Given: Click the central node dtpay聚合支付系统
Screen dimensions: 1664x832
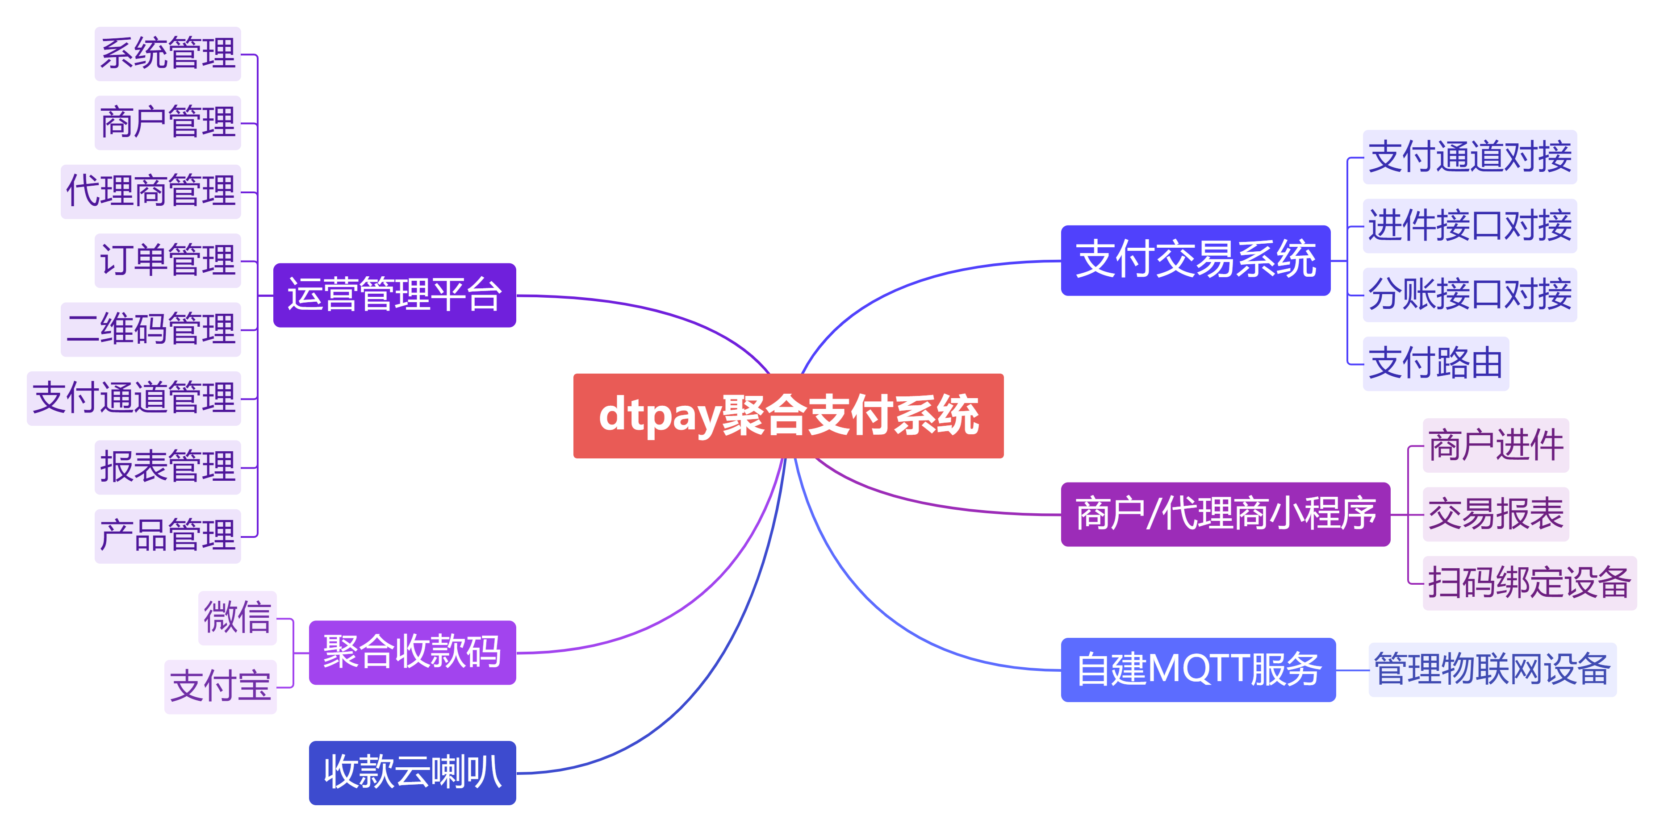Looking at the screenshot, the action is click(x=788, y=416).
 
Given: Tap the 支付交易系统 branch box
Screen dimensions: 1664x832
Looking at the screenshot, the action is click(x=1196, y=260).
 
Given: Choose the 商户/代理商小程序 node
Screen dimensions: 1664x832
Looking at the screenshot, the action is click(x=1225, y=515).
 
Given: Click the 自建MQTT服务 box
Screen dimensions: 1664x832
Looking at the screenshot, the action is click(x=1198, y=670).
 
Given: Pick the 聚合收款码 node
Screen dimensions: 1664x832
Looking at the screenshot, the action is click(x=412, y=652).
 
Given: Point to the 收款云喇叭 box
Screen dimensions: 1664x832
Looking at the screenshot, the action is click(x=412, y=773).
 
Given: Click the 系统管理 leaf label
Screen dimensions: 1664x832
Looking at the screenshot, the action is click(x=168, y=54).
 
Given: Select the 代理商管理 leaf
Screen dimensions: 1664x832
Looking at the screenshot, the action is click(x=151, y=191).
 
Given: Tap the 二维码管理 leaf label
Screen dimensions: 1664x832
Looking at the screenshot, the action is click(x=151, y=329).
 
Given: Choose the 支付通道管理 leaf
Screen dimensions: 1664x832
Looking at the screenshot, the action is click(x=134, y=398).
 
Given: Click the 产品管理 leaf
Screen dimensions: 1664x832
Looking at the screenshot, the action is click(x=168, y=536).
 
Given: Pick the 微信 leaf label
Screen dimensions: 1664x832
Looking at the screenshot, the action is click(x=237, y=618).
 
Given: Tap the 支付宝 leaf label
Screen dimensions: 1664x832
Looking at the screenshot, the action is click(x=220, y=687).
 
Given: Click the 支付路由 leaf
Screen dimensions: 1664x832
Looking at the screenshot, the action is click(x=1436, y=363).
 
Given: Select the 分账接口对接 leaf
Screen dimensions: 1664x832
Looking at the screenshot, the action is click(x=1470, y=294).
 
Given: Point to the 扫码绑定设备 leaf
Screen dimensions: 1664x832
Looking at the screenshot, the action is click(x=1530, y=583).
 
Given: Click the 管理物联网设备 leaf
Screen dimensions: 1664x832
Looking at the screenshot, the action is click(x=1492, y=670).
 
